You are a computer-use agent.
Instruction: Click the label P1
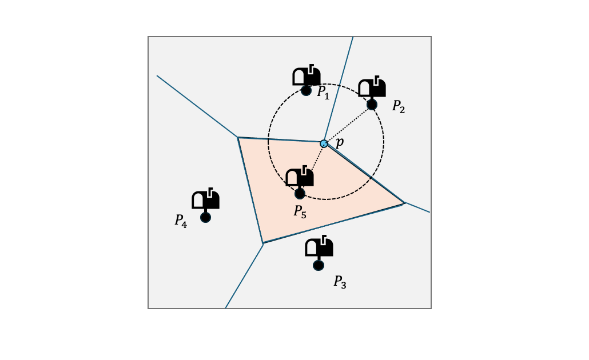[324, 93]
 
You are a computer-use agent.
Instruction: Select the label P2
[399, 107]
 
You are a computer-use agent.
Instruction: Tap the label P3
[340, 282]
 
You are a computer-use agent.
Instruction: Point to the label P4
[181, 221]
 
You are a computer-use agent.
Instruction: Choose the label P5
[300, 211]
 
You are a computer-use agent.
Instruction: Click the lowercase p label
[339, 143]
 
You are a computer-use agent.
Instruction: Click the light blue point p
[324, 143]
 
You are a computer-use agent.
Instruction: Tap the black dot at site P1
[306, 90]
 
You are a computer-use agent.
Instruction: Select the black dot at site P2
[372, 105]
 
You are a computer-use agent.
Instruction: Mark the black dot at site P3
[319, 265]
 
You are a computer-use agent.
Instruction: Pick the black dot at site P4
[205, 217]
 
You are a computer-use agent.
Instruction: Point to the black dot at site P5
[300, 194]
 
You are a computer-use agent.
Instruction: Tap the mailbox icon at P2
[372, 87]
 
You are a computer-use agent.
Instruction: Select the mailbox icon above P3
[319, 247]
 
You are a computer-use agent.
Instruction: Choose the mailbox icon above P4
[206, 199]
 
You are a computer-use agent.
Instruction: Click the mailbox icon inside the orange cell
[300, 177]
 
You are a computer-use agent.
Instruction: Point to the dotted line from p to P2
[348, 124]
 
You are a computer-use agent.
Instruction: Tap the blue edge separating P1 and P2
[339, 89]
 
